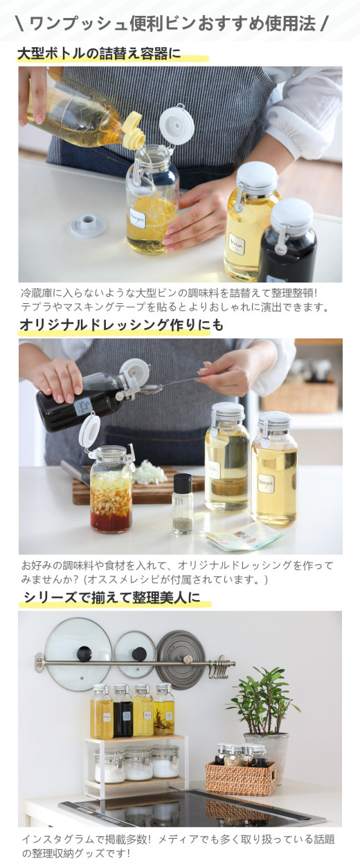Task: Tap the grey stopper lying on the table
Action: point(87,225)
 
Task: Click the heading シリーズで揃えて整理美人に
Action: point(111,597)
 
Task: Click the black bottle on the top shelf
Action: point(123,713)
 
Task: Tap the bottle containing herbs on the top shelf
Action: point(164,713)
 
